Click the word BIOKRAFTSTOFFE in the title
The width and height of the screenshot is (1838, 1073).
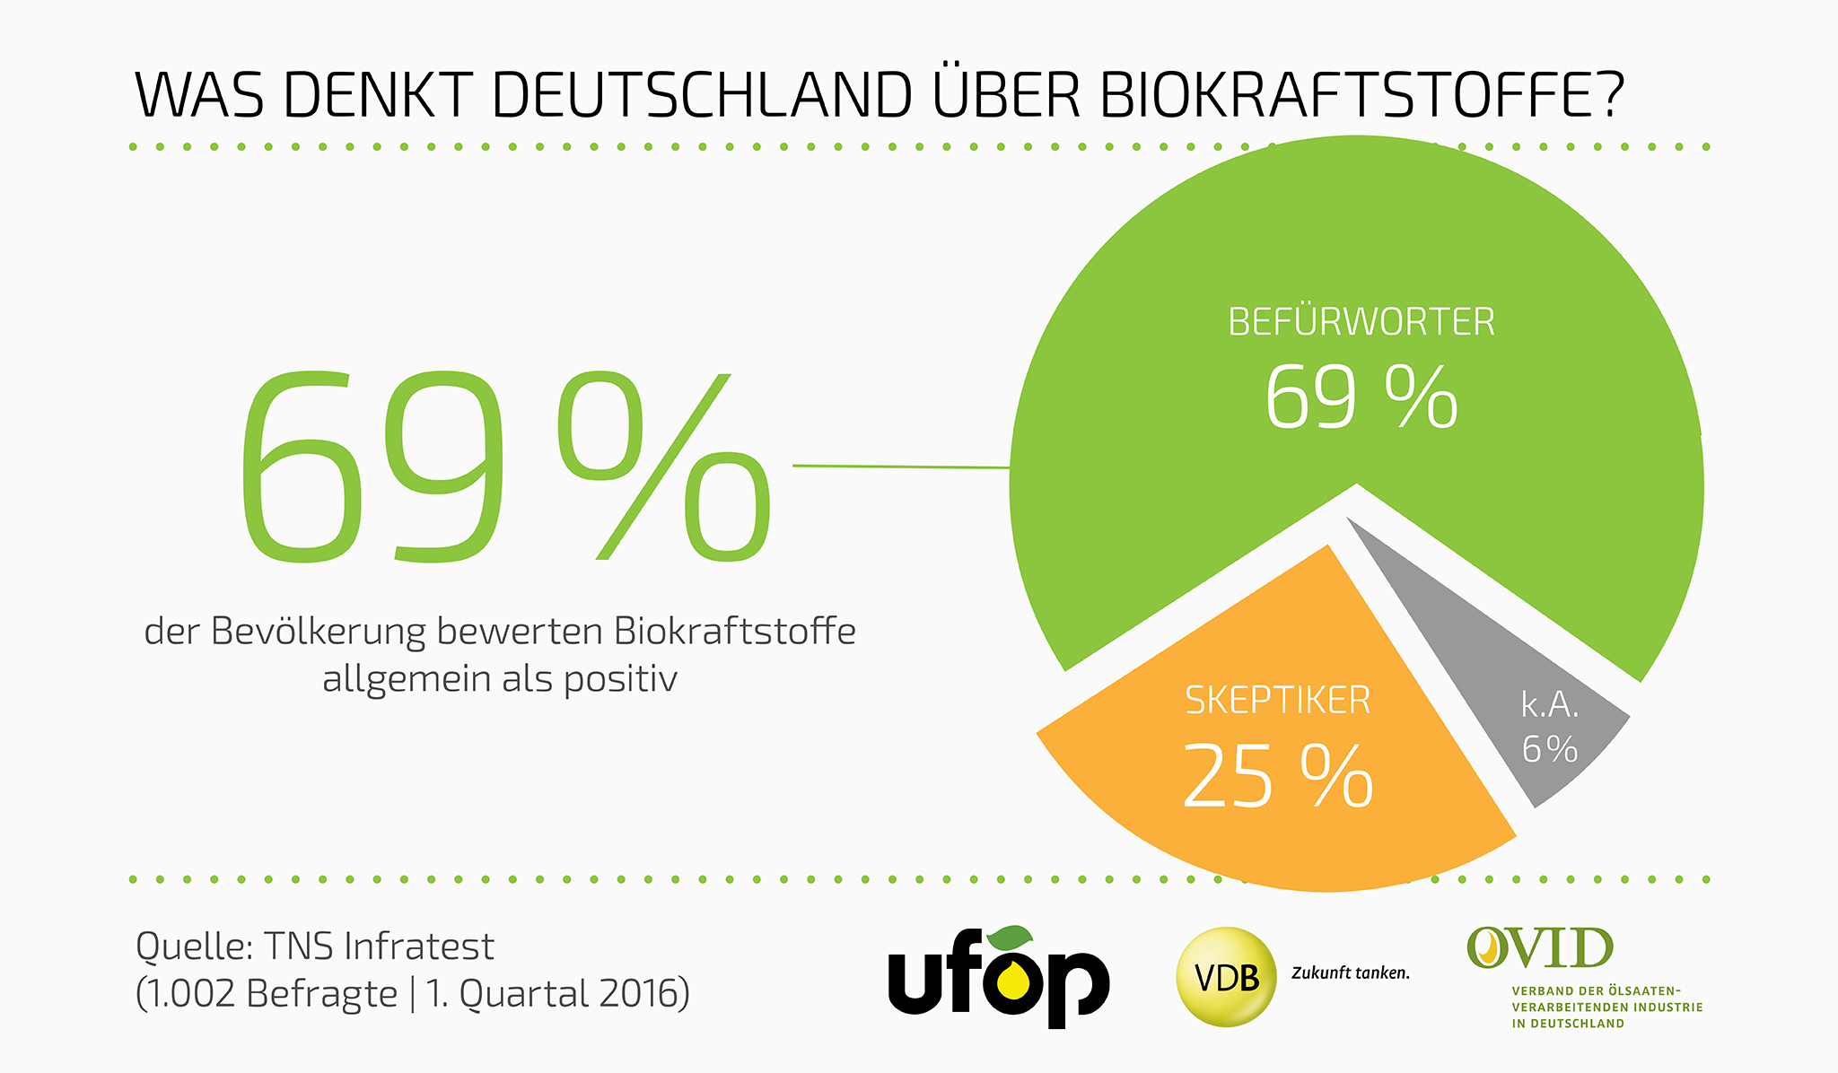point(1361,93)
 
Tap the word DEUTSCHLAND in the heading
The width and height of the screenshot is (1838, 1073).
point(701,93)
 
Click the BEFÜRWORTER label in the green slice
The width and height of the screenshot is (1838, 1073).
point(1361,322)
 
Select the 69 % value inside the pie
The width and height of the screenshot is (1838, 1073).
point(1361,397)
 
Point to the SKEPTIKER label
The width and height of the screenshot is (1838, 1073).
point(1278,701)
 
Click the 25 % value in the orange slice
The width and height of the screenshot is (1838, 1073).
point(1278,776)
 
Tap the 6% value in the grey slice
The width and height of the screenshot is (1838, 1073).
point(1550,749)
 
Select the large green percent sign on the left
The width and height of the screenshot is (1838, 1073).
point(664,467)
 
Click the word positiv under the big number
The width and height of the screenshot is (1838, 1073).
point(620,678)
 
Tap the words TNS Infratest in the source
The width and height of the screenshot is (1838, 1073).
point(378,947)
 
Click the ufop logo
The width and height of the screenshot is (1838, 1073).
point(998,978)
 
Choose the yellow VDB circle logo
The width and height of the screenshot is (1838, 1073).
point(1226,976)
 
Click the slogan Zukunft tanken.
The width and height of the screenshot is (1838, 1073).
point(1351,973)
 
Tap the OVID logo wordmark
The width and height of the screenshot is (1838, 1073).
point(1540,948)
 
